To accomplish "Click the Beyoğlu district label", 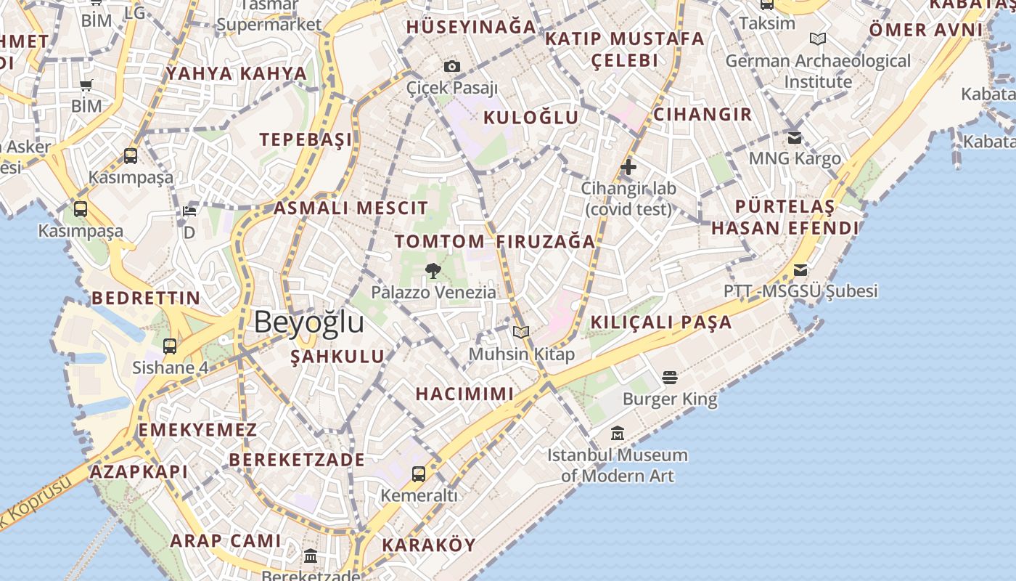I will tap(308, 322).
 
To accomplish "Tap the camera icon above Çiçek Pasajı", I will tap(452, 67).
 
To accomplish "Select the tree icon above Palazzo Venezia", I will tap(433, 271).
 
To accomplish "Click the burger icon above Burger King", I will tap(669, 377).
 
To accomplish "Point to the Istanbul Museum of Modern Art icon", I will tap(618, 434).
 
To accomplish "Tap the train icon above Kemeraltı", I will tap(419, 474).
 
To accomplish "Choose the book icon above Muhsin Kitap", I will tap(520, 333).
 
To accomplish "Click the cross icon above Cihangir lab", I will tap(628, 168).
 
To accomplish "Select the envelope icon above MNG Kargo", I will tap(795, 137).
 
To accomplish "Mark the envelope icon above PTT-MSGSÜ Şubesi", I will tap(800, 270).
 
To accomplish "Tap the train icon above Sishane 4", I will tap(170, 346).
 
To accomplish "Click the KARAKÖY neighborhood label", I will tap(429, 545).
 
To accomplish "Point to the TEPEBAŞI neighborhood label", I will tap(306, 139).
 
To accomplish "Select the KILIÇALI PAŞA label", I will tap(661, 322).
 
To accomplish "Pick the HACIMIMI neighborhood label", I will tap(464, 394).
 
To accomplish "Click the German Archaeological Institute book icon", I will tap(818, 38).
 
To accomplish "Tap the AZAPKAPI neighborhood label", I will tap(139, 472).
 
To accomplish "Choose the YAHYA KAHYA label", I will tap(237, 73).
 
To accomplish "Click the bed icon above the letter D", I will tap(189, 211).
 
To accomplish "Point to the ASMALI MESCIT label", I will tap(351, 208).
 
